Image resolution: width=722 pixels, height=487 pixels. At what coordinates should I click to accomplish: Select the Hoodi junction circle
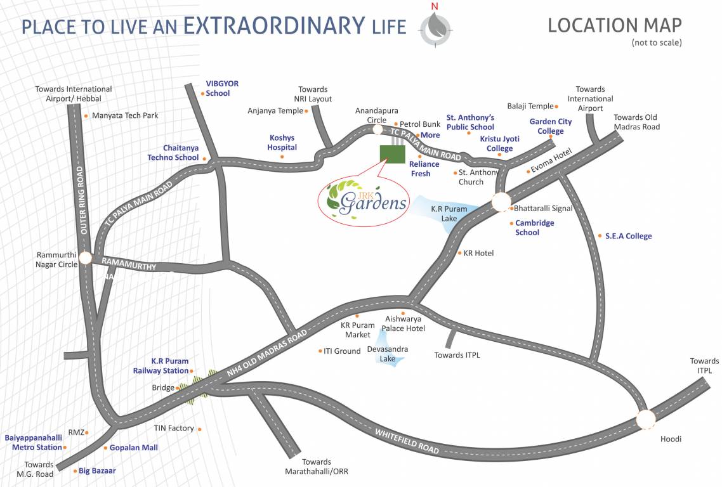pyautogui.click(x=645, y=420)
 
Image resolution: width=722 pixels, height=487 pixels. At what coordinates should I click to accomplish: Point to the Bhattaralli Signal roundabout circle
pyautogui.click(x=501, y=202)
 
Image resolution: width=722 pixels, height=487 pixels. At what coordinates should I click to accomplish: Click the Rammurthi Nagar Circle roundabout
pyautogui.click(x=85, y=259)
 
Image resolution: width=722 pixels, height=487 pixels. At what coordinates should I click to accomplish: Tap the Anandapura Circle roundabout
pyautogui.click(x=377, y=130)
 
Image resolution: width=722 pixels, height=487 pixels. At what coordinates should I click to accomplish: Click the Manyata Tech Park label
pyautogui.click(x=125, y=115)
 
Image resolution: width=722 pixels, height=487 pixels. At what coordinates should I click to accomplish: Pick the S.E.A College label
pyautogui.click(x=628, y=236)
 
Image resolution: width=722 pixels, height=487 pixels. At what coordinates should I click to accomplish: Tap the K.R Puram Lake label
pyautogui.click(x=449, y=213)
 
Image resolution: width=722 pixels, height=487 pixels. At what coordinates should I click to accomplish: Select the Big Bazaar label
pyautogui.click(x=98, y=471)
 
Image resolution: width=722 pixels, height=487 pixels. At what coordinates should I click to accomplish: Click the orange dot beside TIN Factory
pyautogui.click(x=200, y=429)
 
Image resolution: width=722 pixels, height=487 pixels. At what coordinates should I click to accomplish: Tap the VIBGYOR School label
pyautogui.click(x=218, y=88)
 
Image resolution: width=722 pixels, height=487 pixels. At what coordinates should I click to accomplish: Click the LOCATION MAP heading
pyautogui.click(x=615, y=25)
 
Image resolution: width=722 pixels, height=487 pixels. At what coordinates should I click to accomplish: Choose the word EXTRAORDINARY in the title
pyautogui.click(x=274, y=26)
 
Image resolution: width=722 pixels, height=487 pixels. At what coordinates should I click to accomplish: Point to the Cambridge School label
pyautogui.click(x=534, y=228)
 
